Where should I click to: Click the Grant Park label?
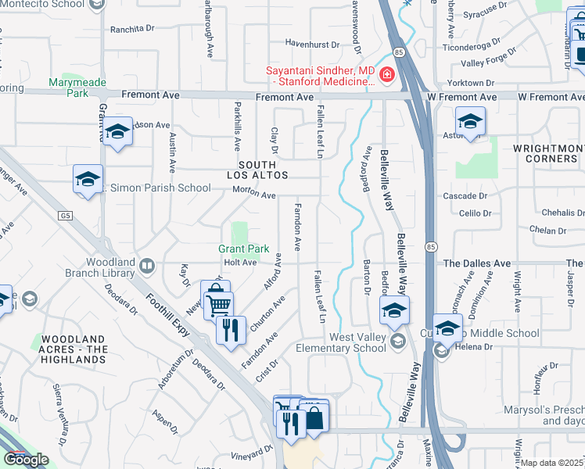point(243,249)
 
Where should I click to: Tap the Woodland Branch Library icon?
point(145,267)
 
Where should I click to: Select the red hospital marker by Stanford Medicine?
point(386,74)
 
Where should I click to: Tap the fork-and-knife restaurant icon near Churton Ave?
point(230,329)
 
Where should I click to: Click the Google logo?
point(26,460)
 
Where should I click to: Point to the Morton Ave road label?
point(258,195)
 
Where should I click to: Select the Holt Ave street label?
point(240,263)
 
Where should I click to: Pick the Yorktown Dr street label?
point(472,83)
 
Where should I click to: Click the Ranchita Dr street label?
point(132,29)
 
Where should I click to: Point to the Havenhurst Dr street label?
point(312,45)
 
